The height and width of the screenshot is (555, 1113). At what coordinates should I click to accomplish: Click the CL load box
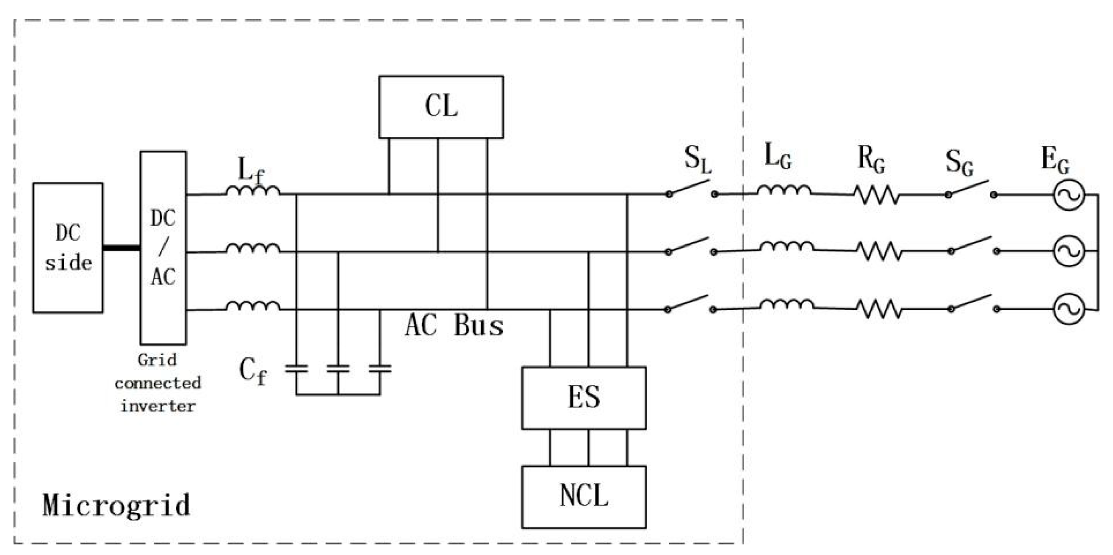click(441, 107)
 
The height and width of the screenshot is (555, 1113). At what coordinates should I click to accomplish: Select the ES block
click(584, 398)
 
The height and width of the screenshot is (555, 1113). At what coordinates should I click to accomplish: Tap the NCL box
click(584, 497)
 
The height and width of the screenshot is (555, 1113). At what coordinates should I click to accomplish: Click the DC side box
click(68, 248)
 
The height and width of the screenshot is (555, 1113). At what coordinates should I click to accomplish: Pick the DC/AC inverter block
click(163, 248)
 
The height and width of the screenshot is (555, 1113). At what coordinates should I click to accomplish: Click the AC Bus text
click(454, 326)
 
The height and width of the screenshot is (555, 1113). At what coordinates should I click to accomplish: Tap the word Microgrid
click(116, 505)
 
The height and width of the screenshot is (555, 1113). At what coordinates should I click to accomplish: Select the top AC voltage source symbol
click(1069, 195)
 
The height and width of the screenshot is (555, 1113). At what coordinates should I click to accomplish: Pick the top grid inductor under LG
click(783, 191)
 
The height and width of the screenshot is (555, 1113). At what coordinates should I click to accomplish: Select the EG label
click(1055, 160)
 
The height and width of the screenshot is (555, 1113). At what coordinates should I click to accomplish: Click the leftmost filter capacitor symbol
click(296, 369)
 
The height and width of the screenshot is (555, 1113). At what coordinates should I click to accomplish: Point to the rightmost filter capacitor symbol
click(380, 369)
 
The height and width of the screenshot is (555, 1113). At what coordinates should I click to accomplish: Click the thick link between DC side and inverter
click(122, 248)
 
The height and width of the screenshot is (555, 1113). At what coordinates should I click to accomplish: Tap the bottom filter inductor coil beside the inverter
click(253, 306)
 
